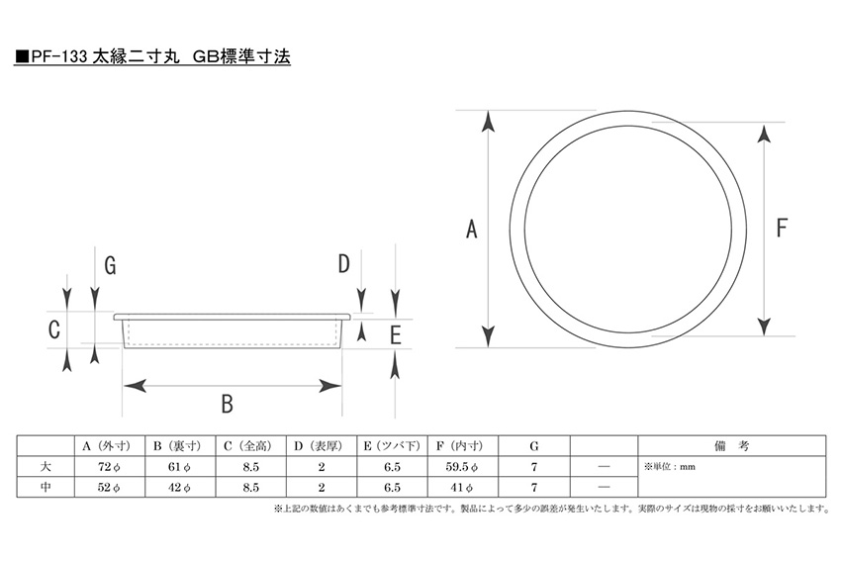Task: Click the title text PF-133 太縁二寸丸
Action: [105, 56]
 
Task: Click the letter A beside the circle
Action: [471, 229]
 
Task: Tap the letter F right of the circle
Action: [782, 228]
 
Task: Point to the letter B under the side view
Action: [228, 404]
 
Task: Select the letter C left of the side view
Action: [54, 329]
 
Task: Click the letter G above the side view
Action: [110, 265]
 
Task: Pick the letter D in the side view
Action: [343, 264]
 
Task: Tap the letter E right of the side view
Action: [396, 335]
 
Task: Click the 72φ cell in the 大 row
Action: [110, 467]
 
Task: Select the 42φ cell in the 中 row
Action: [180, 487]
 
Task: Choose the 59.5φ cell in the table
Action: [462, 467]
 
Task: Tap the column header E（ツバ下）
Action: [392, 445]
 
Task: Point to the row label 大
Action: [46, 466]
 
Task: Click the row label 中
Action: [46, 487]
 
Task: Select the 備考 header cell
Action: [731, 445]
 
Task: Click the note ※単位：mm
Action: [670, 467]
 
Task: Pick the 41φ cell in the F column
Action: [462, 487]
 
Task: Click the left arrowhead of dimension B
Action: [136, 385]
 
